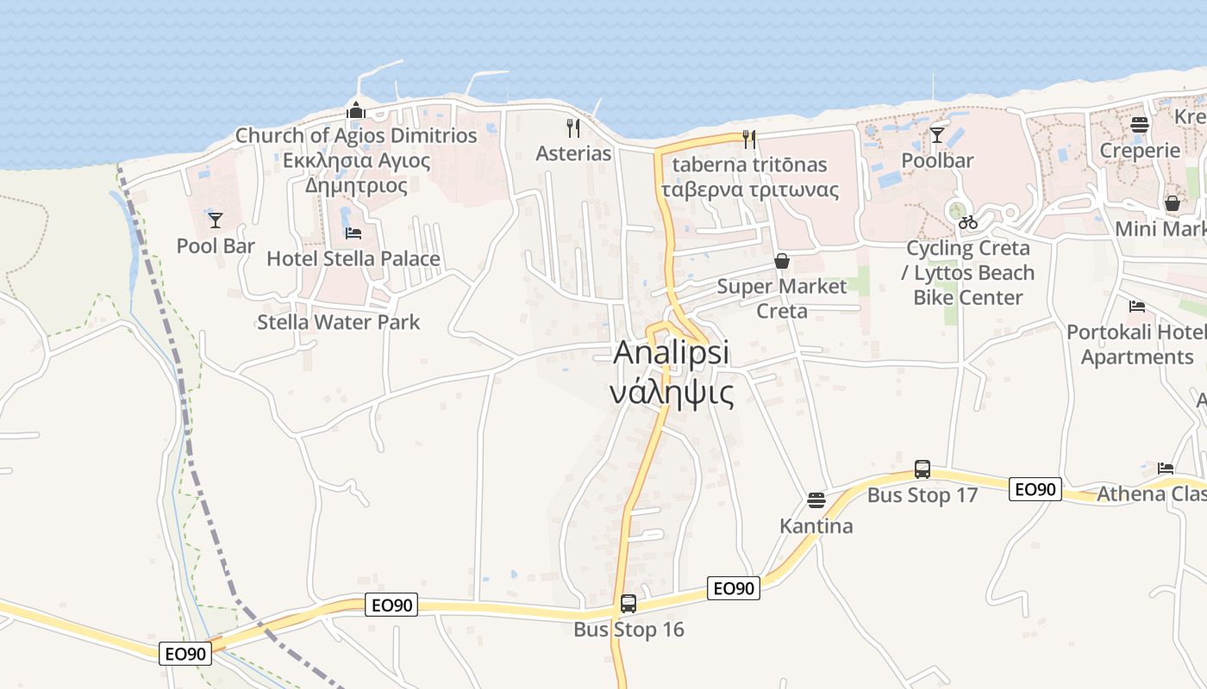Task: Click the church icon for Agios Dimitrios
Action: point(355,110)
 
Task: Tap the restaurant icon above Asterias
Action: point(573,128)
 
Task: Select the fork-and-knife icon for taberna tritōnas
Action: point(749,139)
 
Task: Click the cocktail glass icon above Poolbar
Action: point(937,135)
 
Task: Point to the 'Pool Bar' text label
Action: point(216,246)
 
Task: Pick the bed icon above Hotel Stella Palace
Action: point(353,233)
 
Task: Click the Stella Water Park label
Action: point(339,322)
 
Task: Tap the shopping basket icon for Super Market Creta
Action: point(782,261)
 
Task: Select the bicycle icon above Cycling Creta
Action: point(968,222)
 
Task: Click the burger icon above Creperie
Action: point(1140,125)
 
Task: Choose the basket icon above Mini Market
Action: point(1173,204)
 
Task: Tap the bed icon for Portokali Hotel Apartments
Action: point(1137,307)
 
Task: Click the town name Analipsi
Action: point(672,353)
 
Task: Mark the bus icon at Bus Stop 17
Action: point(922,469)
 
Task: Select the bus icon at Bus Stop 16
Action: point(629,604)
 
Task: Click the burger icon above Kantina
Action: point(816,500)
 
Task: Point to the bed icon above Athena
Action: point(1166,469)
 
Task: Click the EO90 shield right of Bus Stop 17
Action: point(1035,489)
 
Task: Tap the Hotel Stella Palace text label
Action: point(353,259)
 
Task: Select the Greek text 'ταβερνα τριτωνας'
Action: point(749,190)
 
